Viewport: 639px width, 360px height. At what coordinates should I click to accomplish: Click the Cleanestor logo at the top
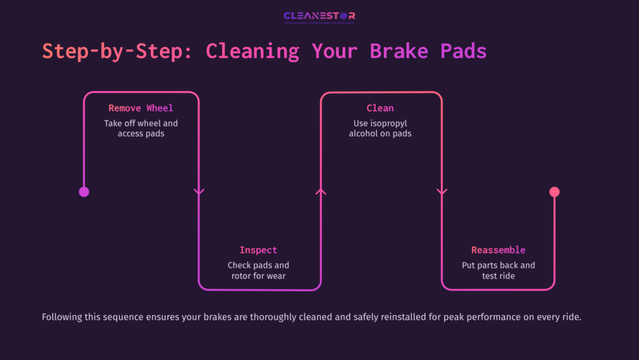(319, 16)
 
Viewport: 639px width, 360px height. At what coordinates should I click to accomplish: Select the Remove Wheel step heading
(141, 108)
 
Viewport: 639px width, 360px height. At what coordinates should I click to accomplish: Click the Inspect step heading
(258, 250)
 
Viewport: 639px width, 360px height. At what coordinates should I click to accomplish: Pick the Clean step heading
(380, 108)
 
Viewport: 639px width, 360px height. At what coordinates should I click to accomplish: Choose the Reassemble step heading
(498, 250)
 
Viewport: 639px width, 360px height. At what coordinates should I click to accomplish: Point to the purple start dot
(84, 192)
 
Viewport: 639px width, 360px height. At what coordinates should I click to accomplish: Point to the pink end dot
(554, 192)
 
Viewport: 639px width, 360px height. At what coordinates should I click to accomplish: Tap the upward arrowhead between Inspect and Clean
(321, 192)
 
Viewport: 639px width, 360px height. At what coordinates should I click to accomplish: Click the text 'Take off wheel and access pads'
(141, 129)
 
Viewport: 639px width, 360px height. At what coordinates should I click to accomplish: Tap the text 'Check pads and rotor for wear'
(258, 270)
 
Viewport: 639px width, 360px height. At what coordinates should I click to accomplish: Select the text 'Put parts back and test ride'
(498, 270)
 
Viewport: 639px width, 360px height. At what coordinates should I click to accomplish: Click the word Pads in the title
(462, 51)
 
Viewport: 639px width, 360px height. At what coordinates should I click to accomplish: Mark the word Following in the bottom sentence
(62, 317)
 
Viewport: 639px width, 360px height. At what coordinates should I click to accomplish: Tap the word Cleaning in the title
(253, 51)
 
